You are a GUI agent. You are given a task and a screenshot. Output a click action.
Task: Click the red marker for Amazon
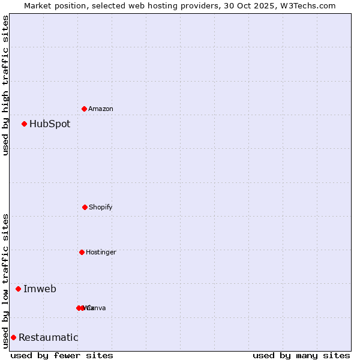tap(84, 109)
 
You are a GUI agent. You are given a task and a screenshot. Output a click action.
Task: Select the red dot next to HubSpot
tap(24, 124)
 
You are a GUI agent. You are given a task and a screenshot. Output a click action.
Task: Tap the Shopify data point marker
tap(85, 207)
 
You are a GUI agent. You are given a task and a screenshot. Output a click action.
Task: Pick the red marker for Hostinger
tap(82, 252)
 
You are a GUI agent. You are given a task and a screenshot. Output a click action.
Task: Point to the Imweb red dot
tap(18, 289)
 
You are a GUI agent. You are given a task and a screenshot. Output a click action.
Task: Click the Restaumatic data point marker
tap(13, 337)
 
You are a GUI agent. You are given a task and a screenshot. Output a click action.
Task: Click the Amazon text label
tap(101, 109)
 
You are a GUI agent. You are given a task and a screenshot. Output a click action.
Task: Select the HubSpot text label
tap(50, 124)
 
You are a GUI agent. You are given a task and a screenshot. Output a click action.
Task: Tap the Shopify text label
tap(101, 207)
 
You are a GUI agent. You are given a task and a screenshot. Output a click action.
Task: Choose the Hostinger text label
tap(101, 252)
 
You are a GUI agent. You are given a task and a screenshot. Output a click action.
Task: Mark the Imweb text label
tap(40, 289)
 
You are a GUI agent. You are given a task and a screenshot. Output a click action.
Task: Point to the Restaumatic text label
tap(48, 338)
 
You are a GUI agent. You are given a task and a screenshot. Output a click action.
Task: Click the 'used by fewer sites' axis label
tap(62, 355)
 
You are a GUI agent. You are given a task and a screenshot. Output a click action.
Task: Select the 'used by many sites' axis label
tap(301, 355)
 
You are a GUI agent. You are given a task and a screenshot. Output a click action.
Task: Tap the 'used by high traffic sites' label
tap(6, 85)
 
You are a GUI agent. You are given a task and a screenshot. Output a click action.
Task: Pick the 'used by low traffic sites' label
tap(6, 281)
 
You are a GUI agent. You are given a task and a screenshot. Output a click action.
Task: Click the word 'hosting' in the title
tap(166, 5)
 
